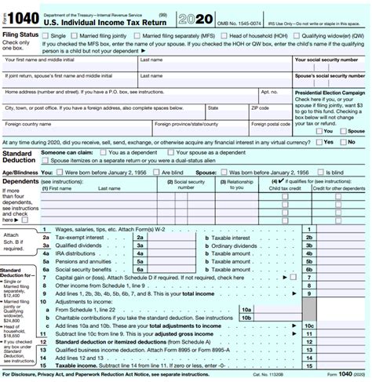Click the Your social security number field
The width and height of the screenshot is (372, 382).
point(330,67)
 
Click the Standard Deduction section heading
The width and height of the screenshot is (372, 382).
point(19,157)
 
